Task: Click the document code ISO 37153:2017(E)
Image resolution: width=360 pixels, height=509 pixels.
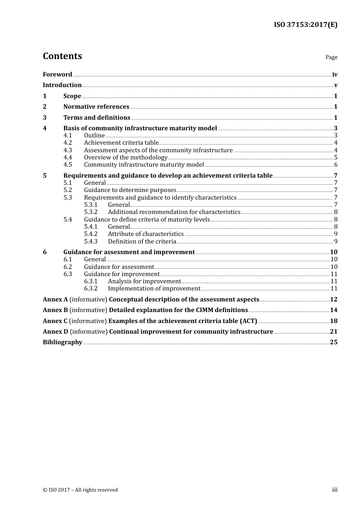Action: (x=305, y=25)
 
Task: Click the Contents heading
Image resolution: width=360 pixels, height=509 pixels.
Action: (x=63, y=56)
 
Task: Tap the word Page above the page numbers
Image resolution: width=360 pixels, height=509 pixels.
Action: (x=331, y=57)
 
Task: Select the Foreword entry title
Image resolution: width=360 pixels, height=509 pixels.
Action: (x=57, y=75)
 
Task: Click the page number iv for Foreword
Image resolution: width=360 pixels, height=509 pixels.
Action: (x=335, y=75)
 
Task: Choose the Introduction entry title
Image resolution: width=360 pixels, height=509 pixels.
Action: (x=62, y=85)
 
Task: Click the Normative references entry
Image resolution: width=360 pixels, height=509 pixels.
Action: (x=96, y=107)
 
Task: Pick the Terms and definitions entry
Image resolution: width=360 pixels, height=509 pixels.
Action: (x=97, y=118)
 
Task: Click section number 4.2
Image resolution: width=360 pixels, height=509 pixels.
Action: (x=68, y=143)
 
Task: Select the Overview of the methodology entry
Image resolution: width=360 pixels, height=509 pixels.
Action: (x=125, y=158)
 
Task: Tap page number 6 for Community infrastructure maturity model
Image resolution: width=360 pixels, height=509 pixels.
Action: (x=336, y=165)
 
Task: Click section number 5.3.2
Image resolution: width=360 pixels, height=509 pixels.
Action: (x=91, y=212)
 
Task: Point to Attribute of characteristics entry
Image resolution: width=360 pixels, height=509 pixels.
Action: (x=146, y=234)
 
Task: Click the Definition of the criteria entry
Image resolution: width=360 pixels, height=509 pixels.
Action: (x=142, y=242)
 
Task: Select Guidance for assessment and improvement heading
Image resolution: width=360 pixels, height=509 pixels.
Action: (x=129, y=252)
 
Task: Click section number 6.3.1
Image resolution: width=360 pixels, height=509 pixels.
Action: (x=91, y=281)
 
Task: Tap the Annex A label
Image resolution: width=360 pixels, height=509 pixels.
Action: (x=55, y=300)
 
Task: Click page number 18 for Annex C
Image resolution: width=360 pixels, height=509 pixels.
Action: (x=333, y=321)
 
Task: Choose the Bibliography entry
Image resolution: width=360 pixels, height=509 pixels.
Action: (x=63, y=342)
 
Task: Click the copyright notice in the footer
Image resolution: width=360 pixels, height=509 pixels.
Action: (x=80, y=490)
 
